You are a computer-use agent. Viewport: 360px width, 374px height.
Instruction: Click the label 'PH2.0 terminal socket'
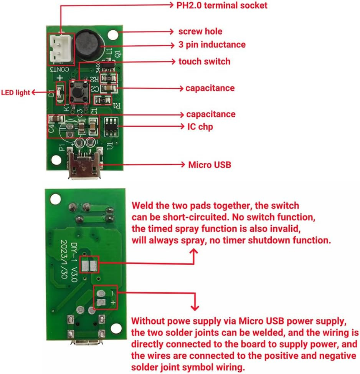221,5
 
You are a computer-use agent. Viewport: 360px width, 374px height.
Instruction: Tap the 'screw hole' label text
200,31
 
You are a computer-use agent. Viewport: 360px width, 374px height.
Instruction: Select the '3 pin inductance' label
212,45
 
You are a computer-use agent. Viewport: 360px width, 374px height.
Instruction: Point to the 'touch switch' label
204,61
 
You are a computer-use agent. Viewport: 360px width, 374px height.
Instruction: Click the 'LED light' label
15,93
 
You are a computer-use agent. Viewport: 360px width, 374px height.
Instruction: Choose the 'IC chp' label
199,126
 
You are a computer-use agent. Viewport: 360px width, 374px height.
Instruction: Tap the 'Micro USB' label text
209,165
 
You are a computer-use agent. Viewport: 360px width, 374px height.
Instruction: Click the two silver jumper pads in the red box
89,265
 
